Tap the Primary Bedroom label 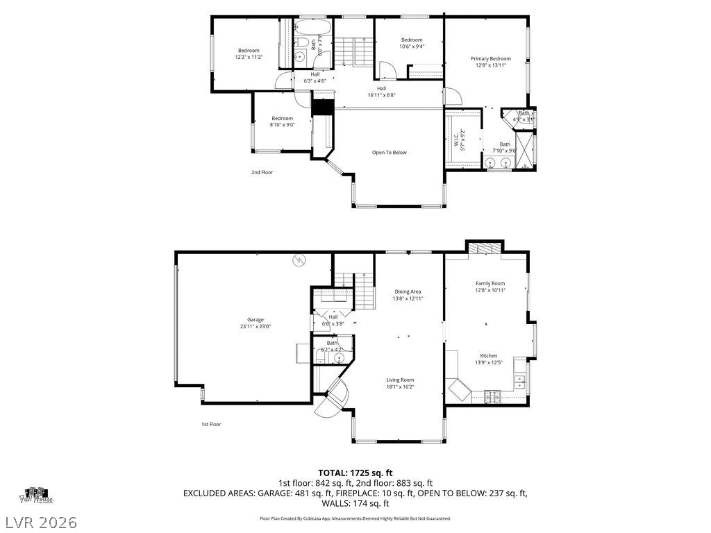coord(490,59)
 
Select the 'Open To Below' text coord(389,153)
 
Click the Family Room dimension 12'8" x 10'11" coord(490,290)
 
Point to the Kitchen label coord(488,355)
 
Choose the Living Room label coord(400,380)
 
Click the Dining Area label coord(408,291)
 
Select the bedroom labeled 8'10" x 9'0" coord(282,125)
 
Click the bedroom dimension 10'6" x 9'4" coord(411,46)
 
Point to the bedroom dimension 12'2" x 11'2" coord(249,57)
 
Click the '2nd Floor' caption coord(262,172)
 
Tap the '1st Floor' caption coord(211,424)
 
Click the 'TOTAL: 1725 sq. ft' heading coord(355,473)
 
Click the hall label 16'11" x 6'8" coord(381,92)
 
